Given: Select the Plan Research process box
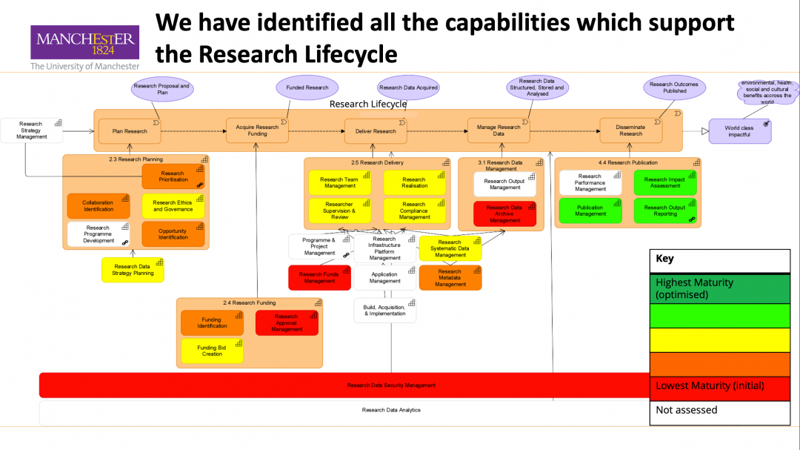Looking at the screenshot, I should pyautogui.click(x=130, y=131).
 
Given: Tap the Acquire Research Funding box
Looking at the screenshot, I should pyautogui.click(x=257, y=130).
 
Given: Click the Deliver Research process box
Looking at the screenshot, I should pyautogui.click(x=376, y=131).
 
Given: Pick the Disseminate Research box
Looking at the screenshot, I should pyautogui.click(x=630, y=130).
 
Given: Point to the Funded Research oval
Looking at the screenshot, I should pyautogui.click(x=307, y=87).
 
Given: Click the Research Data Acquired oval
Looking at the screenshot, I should pyautogui.click(x=408, y=87).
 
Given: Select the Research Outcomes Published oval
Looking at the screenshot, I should pyautogui.click(x=674, y=87).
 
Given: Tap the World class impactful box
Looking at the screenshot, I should pyautogui.click(x=739, y=131).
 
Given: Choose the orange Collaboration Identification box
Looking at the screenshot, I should pyautogui.click(x=99, y=206).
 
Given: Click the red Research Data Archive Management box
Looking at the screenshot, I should pyautogui.click(x=504, y=214).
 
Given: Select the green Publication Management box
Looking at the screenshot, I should pyautogui.click(x=590, y=211).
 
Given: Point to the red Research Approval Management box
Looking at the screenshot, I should pyautogui.click(x=287, y=322).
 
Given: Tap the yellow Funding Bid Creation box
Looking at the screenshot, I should pyautogui.click(x=212, y=351).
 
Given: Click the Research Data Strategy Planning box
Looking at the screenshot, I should pyautogui.click(x=133, y=270).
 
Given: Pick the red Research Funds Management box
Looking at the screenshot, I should pyautogui.click(x=319, y=278).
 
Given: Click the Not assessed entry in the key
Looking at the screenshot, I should pyautogui.click(x=720, y=410).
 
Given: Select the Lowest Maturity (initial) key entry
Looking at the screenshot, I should pyautogui.click(x=720, y=386).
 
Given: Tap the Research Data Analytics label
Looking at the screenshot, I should pyautogui.click(x=391, y=410).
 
